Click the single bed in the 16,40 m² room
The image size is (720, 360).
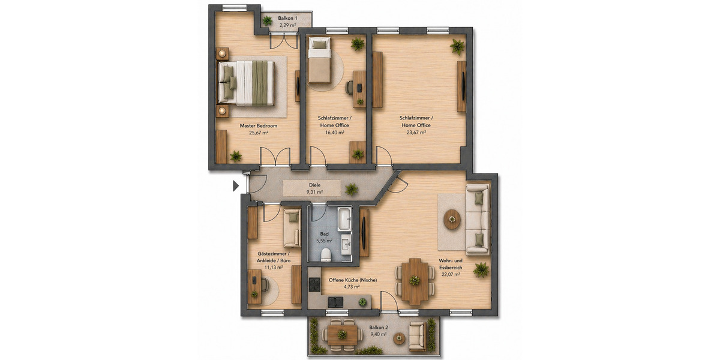319,61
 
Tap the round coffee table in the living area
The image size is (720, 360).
452,219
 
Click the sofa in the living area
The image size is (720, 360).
478,217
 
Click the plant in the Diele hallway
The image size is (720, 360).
352,190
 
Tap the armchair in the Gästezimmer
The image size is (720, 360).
292,227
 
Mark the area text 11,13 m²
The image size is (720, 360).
274,268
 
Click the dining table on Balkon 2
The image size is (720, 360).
342,334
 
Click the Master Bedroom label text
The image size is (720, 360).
259,126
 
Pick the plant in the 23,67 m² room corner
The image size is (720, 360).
458,46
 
